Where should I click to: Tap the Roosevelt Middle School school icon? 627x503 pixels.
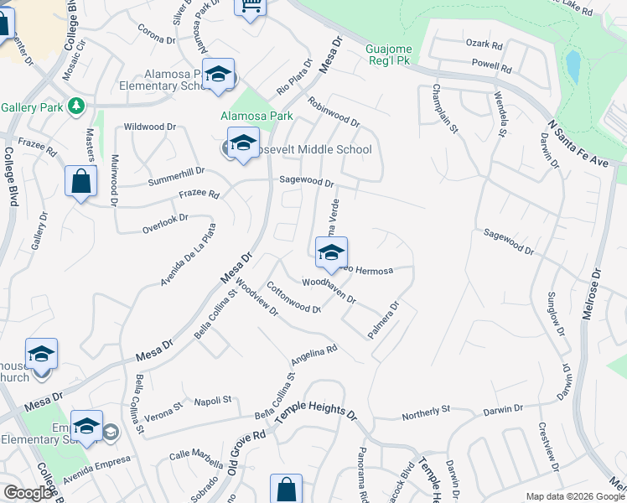[243, 144]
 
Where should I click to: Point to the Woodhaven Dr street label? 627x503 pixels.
[329, 291]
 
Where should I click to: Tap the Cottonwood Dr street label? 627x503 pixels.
[294, 298]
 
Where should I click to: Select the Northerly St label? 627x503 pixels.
[426, 412]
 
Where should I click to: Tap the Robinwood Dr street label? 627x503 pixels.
[334, 111]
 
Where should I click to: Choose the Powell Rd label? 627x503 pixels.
[491, 65]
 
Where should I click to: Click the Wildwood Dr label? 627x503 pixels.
[149, 127]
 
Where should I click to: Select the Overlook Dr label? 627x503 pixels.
[165, 221]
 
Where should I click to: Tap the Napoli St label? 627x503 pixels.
[212, 402]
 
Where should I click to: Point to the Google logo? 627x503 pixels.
[28, 493]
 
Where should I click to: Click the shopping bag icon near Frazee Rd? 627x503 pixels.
[80, 180]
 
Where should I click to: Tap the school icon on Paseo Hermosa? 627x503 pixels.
[331, 251]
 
